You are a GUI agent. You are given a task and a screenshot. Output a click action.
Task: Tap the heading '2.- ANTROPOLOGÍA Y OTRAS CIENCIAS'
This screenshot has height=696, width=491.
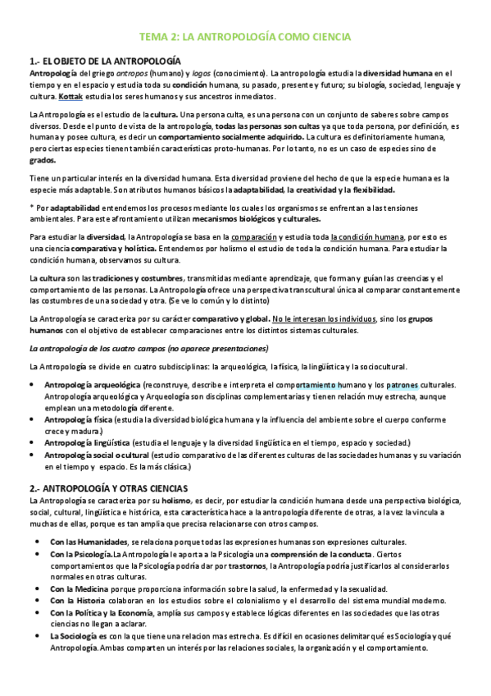coord(108,488)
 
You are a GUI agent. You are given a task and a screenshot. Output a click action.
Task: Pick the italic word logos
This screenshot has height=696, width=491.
coord(202,73)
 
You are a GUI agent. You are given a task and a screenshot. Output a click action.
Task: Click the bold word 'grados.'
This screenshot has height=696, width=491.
coord(43,161)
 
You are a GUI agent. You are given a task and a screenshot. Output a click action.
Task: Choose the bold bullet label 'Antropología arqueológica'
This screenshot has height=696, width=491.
coord(92,384)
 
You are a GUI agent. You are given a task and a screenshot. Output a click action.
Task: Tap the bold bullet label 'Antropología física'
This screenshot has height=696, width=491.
coord(79,419)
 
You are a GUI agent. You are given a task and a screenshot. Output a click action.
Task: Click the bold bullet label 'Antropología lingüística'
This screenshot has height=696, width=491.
coord(88,442)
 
